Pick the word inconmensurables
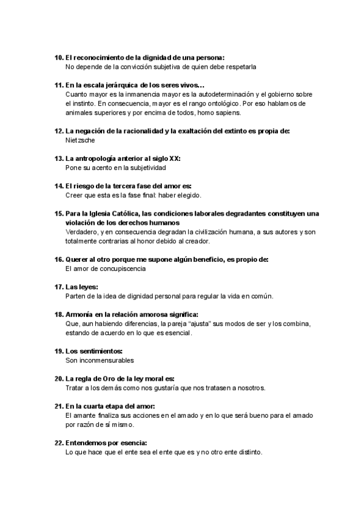click(99, 361)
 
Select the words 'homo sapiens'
click(220, 112)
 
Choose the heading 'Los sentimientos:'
click(94, 352)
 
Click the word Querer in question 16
click(78, 259)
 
